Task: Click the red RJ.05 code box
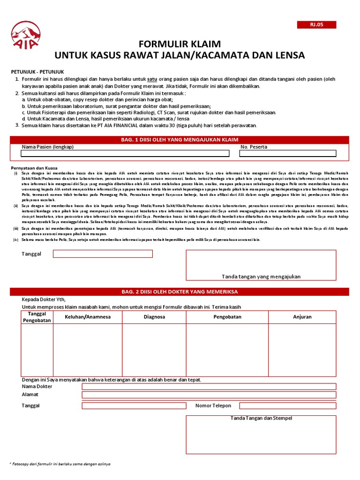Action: tap(316, 25)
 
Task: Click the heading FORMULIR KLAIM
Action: tap(180, 44)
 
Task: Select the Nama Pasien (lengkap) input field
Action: tap(125, 153)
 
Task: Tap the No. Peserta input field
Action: tap(288, 153)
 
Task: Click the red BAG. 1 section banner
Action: tap(180, 140)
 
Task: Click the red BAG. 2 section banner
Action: tap(180, 292)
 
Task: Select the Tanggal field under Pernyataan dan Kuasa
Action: tap(103, 254)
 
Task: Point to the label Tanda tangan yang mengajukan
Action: tap(261, 277)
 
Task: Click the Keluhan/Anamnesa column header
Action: tap(88, 317)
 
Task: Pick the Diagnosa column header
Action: tap(154, 317)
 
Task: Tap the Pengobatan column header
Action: tap(227, 317)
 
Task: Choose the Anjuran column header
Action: tap(302, 317)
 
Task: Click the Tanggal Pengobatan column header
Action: tap(37, 317)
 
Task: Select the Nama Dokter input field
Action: tap(209, 386)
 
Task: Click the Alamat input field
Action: tap(209, 395)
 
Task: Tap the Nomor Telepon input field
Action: tap(287, 405)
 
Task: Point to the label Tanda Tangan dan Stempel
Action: tap(261, 418)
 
